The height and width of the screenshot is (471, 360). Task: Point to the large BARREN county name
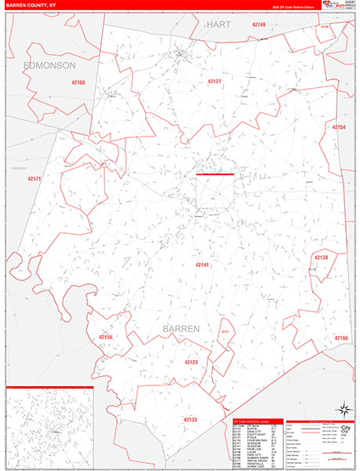180,328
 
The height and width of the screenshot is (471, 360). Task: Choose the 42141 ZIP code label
204,265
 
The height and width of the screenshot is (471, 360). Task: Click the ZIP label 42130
322,257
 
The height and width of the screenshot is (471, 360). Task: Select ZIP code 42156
107,338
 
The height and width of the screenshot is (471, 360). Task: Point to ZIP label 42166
341,338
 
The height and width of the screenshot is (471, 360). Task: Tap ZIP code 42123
192,363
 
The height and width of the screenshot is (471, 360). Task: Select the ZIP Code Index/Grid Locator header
256,422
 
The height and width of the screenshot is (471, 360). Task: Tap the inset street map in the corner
49,430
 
